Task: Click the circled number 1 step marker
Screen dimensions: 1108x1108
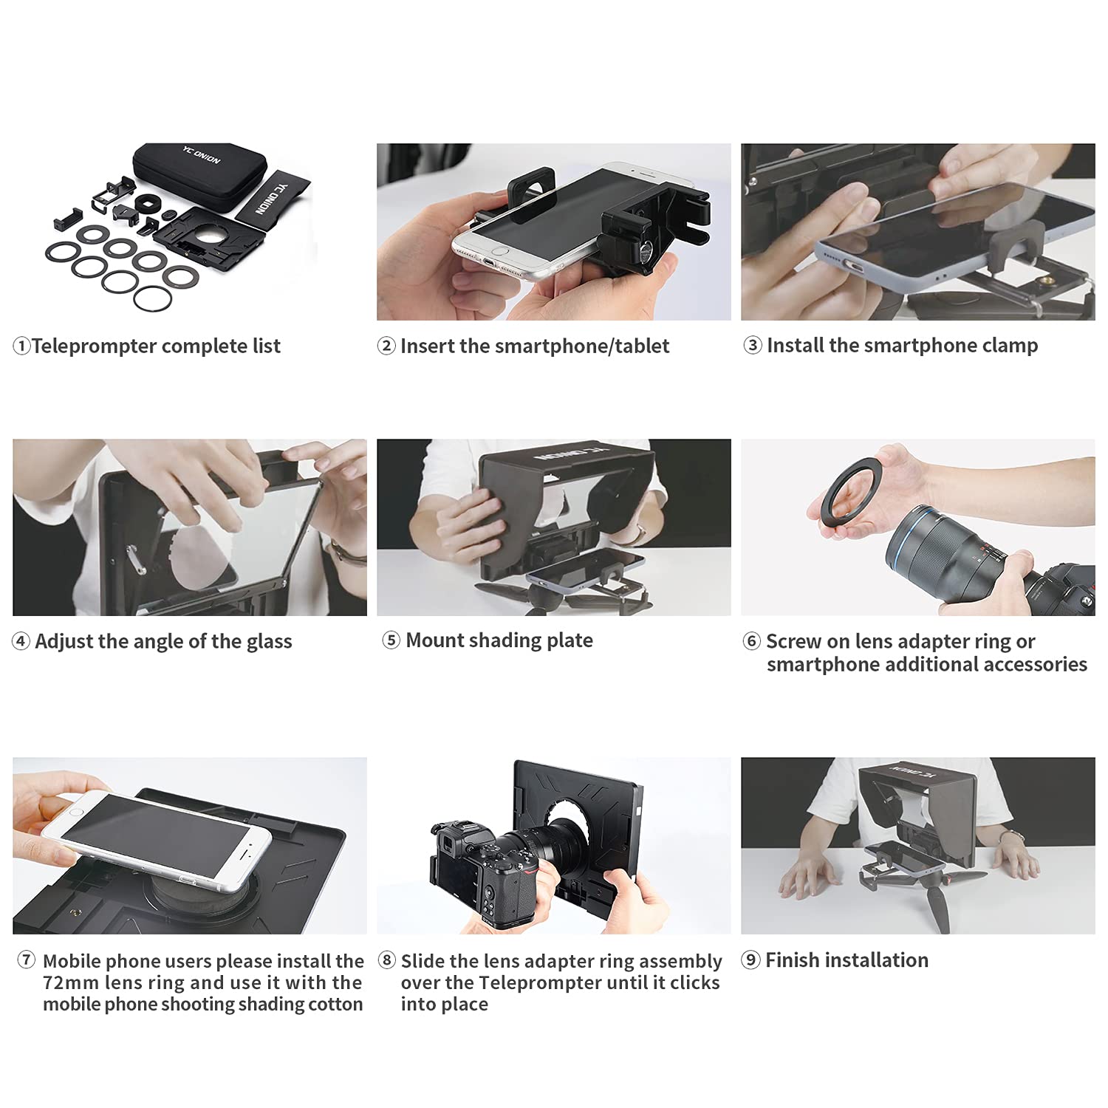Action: pos(21,346)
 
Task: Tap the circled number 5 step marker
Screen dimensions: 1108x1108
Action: pos(391,640)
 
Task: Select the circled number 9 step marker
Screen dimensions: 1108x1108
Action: pos(750,960)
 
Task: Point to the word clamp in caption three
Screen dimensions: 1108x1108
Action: pos(1010,346)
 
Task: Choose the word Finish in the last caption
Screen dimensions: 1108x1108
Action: pos(795,960)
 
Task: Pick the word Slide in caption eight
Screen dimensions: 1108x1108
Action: pos(423,961)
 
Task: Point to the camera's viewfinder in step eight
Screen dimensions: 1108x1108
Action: pos(447,838)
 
